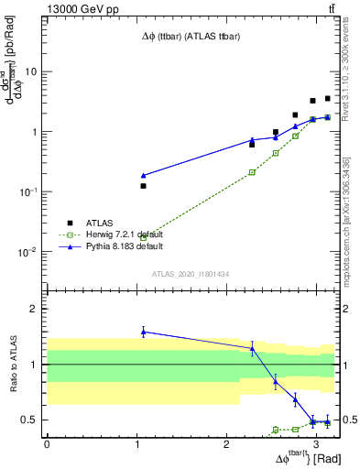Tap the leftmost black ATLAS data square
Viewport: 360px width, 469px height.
point(143,186)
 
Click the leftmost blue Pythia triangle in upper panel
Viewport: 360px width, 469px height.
point(143,175)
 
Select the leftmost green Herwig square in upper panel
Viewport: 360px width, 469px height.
point(143,238)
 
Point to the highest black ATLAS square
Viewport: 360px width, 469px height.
point(327,99)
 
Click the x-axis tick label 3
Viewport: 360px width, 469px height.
point(316,443)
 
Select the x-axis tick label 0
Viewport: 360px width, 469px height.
point(47,443)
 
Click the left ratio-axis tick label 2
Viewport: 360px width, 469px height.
point(34,310)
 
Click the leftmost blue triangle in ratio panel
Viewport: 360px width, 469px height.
point(143,332)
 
